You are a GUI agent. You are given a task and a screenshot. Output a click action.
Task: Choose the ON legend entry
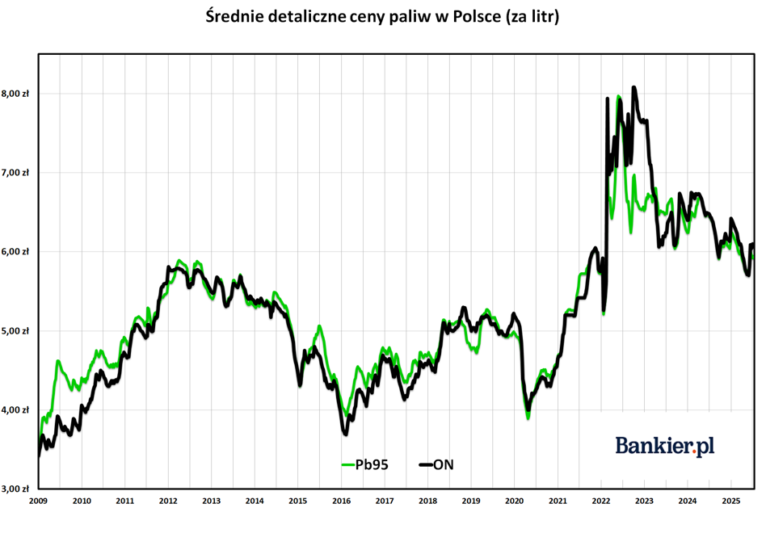coord(443,464)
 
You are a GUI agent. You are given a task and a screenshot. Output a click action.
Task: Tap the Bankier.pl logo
coord(665,445)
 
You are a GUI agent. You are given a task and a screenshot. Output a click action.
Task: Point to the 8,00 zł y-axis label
coord(16,94)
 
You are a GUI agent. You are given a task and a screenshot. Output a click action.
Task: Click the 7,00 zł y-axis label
coord(16,173)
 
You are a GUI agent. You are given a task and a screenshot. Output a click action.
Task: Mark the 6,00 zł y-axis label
coord(16,252)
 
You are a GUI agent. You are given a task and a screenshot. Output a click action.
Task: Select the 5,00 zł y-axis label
coord(16,331)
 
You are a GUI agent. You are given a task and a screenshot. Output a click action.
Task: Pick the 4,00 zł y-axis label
coord(16,410)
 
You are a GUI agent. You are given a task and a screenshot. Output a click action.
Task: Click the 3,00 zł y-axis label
coord(16,489)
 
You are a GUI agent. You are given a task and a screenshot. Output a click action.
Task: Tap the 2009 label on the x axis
coord(38,501)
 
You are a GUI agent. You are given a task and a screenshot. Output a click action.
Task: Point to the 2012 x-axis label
coord(167,501)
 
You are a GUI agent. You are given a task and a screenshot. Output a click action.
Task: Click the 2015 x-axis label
coord(297,501)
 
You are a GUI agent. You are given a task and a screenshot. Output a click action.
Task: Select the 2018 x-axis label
coord(427,501)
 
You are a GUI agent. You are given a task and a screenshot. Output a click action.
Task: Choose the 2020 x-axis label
coord(514,501)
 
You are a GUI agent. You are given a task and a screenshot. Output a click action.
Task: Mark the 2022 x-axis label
coord(600,501)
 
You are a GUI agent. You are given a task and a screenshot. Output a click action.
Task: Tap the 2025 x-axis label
coord(730,501)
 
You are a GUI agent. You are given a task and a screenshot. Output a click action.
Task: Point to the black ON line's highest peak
coord(633,87)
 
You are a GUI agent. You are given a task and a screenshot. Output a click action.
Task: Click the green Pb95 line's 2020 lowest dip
coord(528,418)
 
